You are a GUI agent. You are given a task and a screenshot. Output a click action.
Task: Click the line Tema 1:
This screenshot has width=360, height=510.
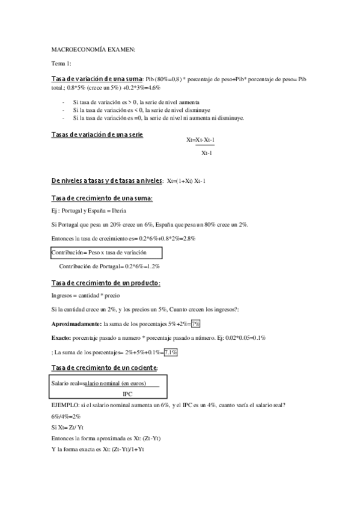tap(61, 64)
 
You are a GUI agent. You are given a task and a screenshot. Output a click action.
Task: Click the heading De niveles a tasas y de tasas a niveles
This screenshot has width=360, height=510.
tap(107, 181)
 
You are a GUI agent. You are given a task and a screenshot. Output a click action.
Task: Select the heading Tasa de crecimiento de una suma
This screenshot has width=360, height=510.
tap(102, 198)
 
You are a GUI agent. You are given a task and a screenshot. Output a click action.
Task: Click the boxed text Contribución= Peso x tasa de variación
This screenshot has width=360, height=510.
tap(99, 253)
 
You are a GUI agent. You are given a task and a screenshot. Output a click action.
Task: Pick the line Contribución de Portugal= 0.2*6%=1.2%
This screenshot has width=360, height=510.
tap(109, 266)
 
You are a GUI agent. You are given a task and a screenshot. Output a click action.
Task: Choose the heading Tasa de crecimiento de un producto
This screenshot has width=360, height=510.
tap(106, 283)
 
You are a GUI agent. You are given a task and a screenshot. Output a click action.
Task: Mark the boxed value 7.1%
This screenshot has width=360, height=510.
tap(171, 352)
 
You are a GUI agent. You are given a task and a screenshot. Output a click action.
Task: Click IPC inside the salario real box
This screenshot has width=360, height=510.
tap(127, 395)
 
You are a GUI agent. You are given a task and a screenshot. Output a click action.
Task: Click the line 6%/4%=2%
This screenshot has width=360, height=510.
tap(66, 416)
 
